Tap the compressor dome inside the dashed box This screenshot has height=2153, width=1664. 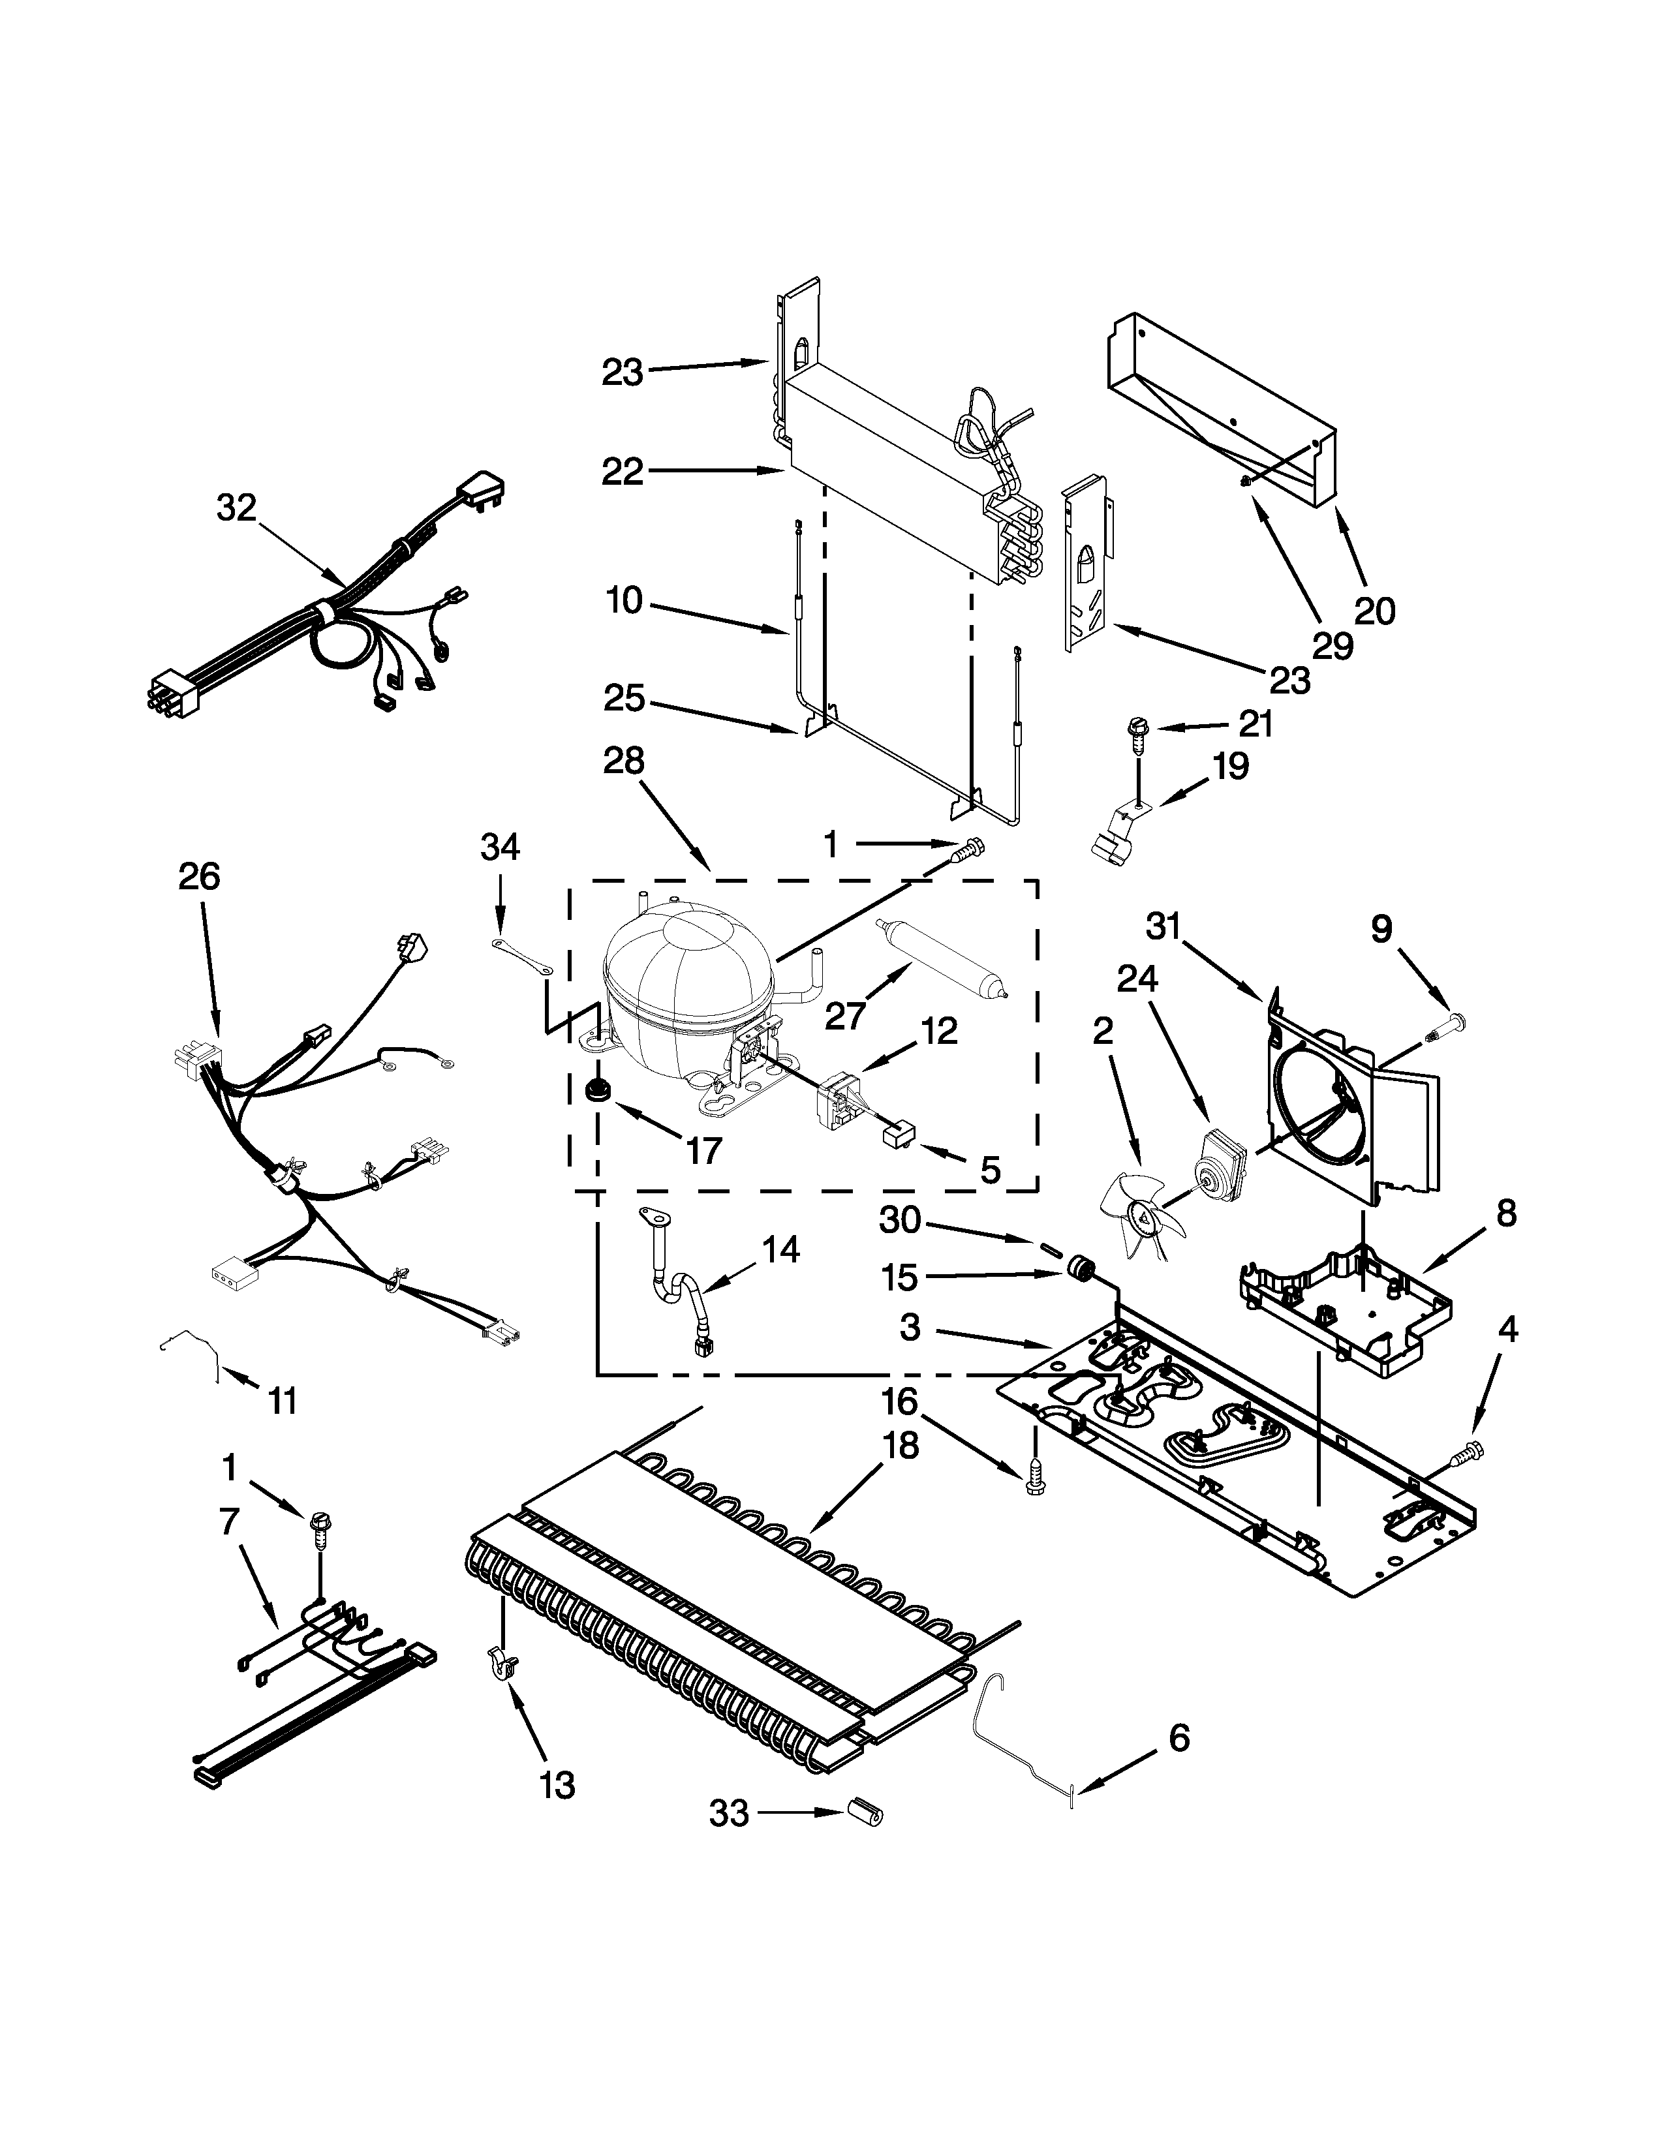coord(687,966)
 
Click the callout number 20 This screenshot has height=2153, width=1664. coord(1374,611)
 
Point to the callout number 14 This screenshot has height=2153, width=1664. coord(780,1250)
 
